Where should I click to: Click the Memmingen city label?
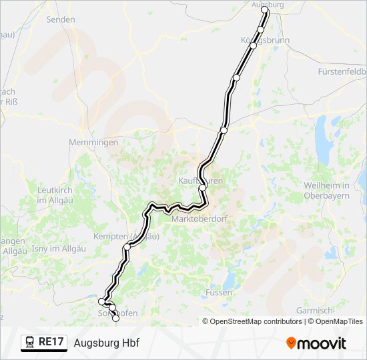coord(93,142)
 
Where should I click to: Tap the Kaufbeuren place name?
coord(200,181)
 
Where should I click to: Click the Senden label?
coord(60,19)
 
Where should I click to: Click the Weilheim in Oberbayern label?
coord(327,190)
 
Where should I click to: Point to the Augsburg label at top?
coord(267,4)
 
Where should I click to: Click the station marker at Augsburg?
coord(265,11)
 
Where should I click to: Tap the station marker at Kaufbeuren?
coord(202,188)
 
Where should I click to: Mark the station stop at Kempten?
coord(127,247)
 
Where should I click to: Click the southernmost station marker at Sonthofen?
coord(115,319)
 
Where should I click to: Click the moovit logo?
coord(316,343)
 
